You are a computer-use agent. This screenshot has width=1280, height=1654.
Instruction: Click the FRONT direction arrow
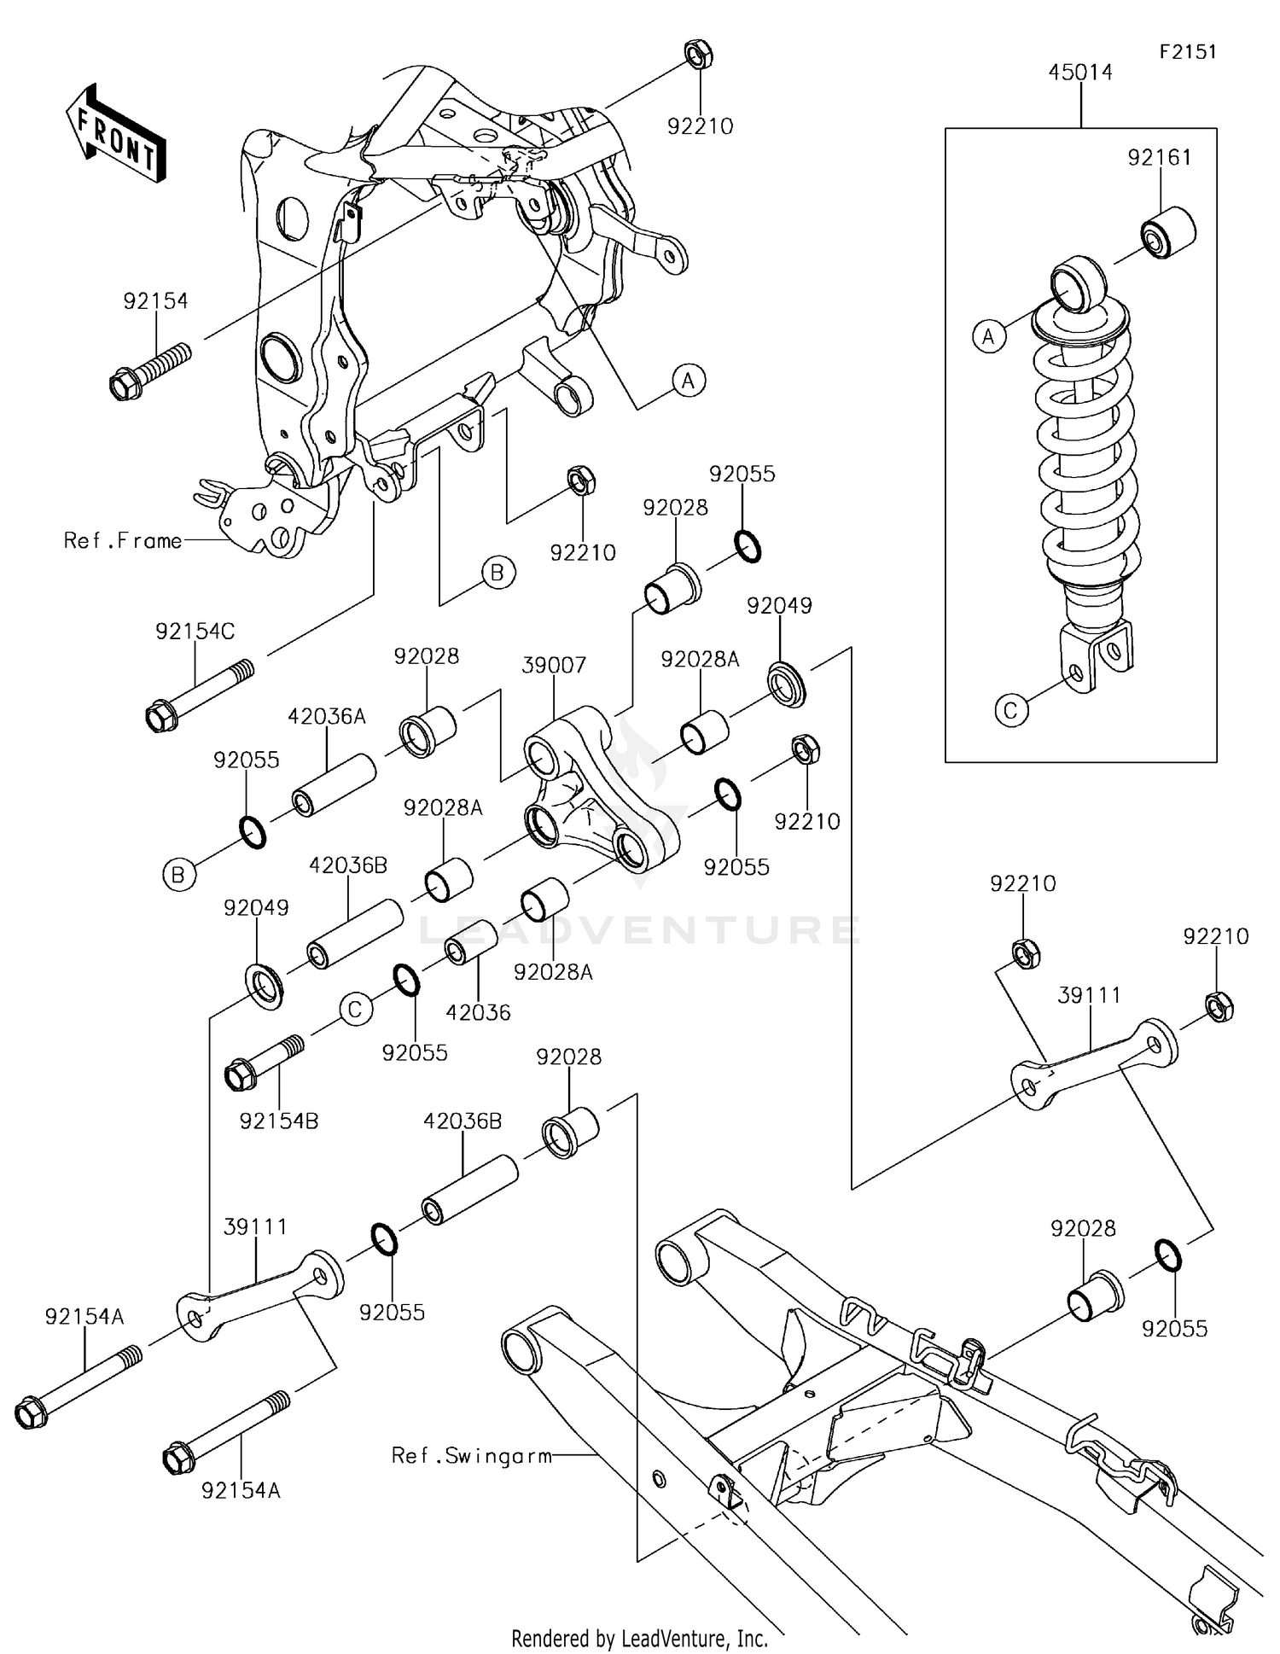[x=115, y=133]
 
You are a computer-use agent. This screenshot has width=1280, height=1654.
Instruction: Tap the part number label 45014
[x=1080, y=73]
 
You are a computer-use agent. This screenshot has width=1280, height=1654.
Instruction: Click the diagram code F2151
[x=1187, y=52]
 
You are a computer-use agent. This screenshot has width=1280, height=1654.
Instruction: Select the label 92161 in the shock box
[x=1159, y=157]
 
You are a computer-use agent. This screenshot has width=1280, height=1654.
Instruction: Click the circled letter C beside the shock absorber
[x=1011, y=710]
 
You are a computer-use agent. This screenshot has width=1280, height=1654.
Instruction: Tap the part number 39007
[x=554, y=665]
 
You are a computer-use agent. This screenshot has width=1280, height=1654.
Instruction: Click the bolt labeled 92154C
[x=200, y=696]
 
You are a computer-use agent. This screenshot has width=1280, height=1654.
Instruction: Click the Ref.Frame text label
[x=123, y=540]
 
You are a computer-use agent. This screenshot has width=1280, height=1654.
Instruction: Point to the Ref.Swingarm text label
[x=471, y=1455]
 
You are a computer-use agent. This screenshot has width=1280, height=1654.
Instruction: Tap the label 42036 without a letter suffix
[x=478, y=1012]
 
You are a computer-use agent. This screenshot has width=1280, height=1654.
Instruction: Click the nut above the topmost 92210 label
[x=700, y=55]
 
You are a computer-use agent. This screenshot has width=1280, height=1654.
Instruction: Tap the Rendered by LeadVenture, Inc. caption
[x=639, y=1638]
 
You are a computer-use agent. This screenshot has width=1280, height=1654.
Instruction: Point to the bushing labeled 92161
[x=1167, y=231]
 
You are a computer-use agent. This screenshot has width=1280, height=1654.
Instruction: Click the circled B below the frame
[x=497, y=572]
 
